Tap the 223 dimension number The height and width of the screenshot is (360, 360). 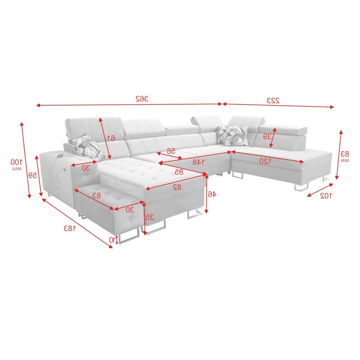pyautogui.click(x=273, y=100)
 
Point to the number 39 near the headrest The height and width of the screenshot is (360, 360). pyautogui.click(x=267, y=136)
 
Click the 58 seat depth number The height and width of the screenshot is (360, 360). pyautogui.click(x=171, y=151)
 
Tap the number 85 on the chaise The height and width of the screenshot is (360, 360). pyautogui.click(x=179, y=171)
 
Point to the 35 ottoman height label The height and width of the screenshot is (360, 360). pyautogui.click(x=150, y=217)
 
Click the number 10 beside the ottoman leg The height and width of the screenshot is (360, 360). pyautogui.click(x=112, y=240)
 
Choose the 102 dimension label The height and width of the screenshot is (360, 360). pyautogui.click(x=325, y=195)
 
